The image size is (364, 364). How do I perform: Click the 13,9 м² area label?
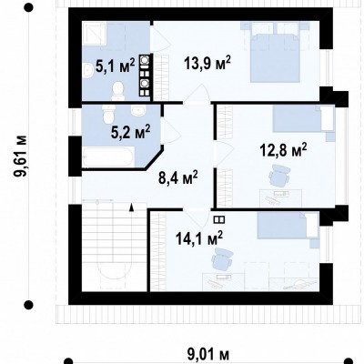(x=207, y=64)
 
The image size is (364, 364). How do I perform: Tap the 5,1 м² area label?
(x=115, y=66)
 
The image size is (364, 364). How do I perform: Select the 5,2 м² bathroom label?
(x=130, y=132)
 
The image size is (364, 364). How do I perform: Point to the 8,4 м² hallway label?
(x=178, y=177)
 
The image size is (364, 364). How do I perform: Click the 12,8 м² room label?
(x=284, y=151)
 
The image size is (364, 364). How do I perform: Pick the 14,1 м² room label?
(x=199, y=238)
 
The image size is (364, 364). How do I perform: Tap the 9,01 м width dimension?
(x=207, y=355)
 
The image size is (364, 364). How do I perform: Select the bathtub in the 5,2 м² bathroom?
(x=107, y=157)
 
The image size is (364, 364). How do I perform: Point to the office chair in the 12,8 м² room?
(x=279, y=175)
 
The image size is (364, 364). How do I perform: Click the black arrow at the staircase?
(x=131, y=207)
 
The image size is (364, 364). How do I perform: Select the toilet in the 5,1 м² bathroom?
(x=118, y=92)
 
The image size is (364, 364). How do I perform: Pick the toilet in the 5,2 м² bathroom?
(x=108, y=115)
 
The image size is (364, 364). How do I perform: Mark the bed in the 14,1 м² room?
(x=288, y=226)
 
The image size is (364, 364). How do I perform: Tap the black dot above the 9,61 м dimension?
(x=28, y=7)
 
